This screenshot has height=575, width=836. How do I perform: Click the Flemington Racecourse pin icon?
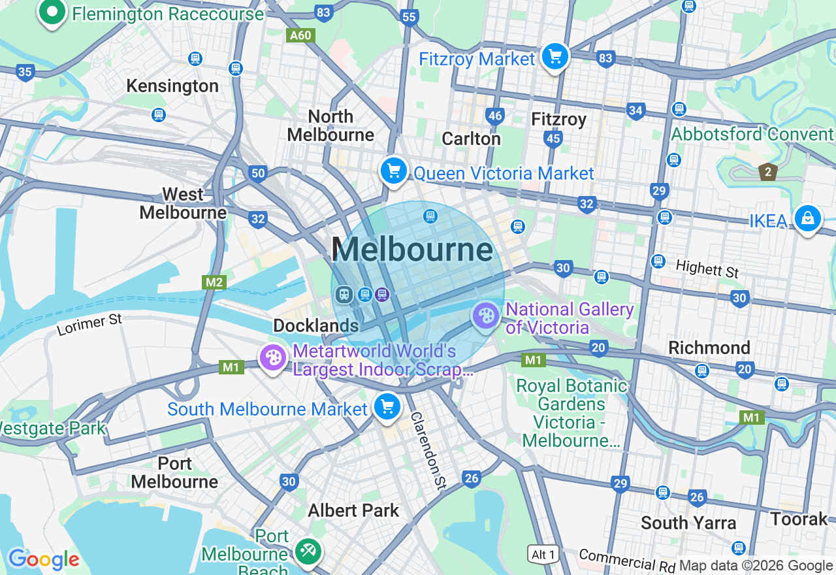pyautogui.click(x=52, y=12)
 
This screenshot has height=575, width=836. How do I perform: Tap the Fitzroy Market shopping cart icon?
pyautogui.click(x=555, y=57)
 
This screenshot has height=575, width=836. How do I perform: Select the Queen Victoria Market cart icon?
pyautogui.click(x=394, y=172)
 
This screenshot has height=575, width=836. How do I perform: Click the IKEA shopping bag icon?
pyautogui.click(x=808, y=219)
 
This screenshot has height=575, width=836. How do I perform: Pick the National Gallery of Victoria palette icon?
pyautogui.click(x=486, y=317)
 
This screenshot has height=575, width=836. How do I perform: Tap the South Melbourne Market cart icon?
pyautogui.click(x=387, y=407)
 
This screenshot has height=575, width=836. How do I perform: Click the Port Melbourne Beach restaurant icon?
pyautogui.click(x=306, y=551)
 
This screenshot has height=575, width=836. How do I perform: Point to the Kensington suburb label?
pyautogui.click(x=172, y=86)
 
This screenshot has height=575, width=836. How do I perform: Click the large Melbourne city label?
pyautogui.click(x=411, y=250)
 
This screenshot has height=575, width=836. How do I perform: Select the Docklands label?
pyautogui.click(x=316, y=325)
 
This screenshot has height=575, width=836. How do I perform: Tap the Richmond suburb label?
pyautogui.click(x=709, y=348)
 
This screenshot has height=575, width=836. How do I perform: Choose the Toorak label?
pyautogui.click(x=799, y=519)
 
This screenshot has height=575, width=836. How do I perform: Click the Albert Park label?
pyautogui.click(x=353, y=510)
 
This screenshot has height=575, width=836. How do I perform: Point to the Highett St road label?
pyautogui.click(x=707, y=269)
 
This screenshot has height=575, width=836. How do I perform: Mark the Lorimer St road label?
pyautogui.click(x=89, y=325)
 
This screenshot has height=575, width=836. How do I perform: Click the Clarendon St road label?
pyautogui.click(x=428, y=450)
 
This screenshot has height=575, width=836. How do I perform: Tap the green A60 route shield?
pyautogui.click(x=300, y=35)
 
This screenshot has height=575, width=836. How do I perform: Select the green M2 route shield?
pyautogui.click(x=214, y=282)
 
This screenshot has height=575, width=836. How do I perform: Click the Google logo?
pyautogui.click(x=44, y=560)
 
